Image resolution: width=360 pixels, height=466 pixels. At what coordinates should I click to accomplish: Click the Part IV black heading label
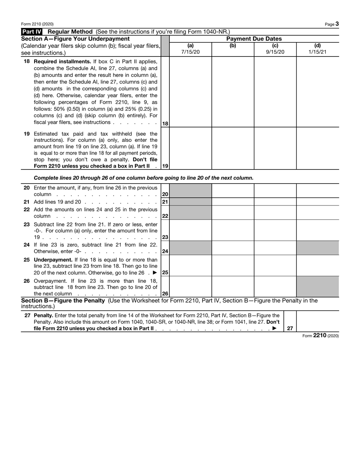(32, 32)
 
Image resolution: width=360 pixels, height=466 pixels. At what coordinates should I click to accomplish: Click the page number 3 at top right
(337, 24)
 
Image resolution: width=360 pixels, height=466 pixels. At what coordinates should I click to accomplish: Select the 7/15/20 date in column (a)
(190, 52)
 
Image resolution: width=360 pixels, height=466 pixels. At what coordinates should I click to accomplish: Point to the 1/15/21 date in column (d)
(317, 52)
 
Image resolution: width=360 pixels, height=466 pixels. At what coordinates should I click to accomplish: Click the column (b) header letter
(233, 46)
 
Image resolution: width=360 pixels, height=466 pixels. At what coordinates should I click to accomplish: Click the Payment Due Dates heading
(254, 39)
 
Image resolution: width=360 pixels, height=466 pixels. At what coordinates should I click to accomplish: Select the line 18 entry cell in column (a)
(190, 92)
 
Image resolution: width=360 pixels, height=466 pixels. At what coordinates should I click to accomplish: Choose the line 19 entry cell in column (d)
(317, 148)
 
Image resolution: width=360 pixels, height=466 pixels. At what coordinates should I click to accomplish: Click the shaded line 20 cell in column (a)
(190, 191)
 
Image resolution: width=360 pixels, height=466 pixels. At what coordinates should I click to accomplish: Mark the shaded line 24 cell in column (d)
(317, 248)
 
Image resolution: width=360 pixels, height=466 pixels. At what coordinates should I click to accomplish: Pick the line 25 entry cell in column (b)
(233, 266)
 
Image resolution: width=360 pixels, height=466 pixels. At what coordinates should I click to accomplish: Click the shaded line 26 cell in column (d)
(317, 287)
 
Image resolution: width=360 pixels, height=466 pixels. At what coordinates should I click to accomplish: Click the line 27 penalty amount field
(317, 321)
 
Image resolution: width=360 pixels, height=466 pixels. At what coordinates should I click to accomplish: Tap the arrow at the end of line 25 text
(155, 273)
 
